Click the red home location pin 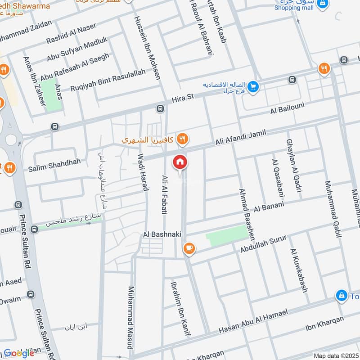point(180,162)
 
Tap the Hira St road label point(182,98)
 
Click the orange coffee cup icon point(188,248)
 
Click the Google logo point(19,353)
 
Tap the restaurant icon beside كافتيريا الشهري point(182,139)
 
